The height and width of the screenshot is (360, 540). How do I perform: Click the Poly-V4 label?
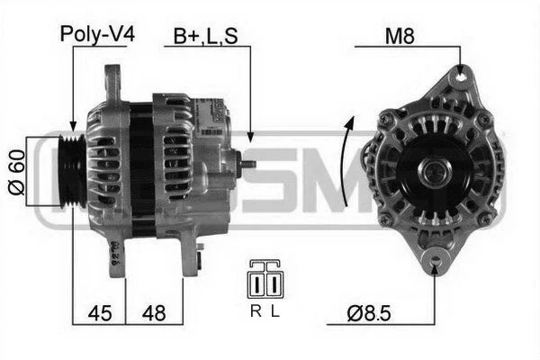coord(97,34)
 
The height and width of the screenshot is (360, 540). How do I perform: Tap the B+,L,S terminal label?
coord(205,36)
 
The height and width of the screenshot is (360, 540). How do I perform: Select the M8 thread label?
coord(400,36)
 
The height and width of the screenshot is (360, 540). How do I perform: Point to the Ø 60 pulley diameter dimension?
coord(16,172)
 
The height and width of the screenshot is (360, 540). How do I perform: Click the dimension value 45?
coord(100,313)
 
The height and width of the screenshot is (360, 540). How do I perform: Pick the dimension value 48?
coord(154,313)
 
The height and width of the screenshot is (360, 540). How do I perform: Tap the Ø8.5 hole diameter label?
coord(369,313)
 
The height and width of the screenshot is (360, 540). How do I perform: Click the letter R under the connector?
coord(256,311)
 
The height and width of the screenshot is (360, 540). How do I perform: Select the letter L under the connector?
coord(274,311)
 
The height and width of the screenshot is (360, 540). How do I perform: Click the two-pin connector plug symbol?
coord(265,280)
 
